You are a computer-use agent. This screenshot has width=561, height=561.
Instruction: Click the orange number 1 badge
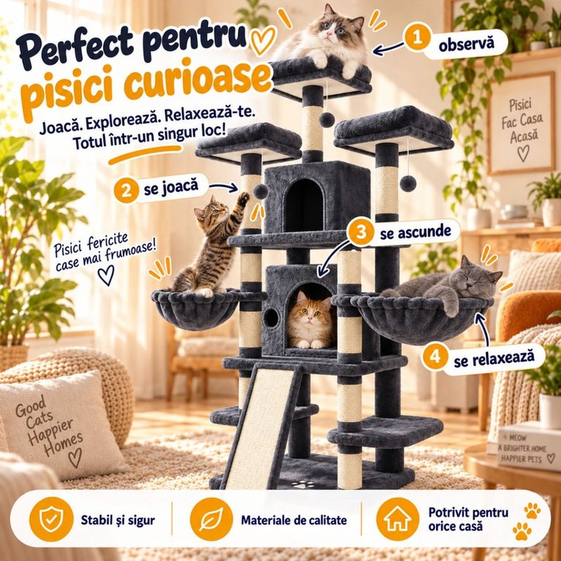click(417, 37)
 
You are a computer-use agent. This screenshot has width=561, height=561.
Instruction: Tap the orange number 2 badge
click(126, 190)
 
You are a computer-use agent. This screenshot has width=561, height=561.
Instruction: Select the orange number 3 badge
click(360, 232)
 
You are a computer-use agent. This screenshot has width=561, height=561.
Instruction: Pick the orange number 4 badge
click(435, 356)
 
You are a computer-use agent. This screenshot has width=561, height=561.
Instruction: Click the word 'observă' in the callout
click(467, 44)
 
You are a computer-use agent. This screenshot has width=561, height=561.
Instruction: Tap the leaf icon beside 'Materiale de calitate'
click(211, 519)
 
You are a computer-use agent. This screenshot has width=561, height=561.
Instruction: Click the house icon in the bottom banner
click(398, 519)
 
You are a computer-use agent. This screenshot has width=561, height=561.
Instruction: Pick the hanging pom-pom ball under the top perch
click(327, 120)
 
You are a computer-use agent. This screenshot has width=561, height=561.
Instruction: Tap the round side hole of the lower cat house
click(271, 317)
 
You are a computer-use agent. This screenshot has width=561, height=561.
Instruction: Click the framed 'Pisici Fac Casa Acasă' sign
click(521, 123)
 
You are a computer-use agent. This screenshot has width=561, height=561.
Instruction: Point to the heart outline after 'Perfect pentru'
click(263, 40)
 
